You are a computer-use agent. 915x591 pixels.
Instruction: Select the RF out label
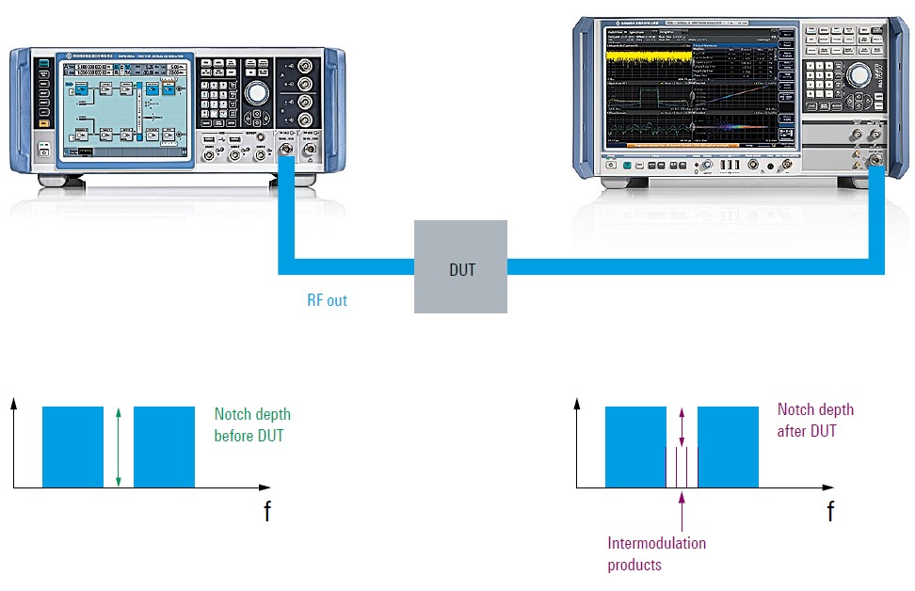pos(329,301)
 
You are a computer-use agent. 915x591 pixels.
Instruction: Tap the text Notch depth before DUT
pos(252,425)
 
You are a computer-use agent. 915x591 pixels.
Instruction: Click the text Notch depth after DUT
pos(815,420)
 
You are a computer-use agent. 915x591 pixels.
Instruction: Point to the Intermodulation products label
pos(656,554)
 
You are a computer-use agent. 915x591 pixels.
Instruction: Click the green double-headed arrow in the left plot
pos(118,447)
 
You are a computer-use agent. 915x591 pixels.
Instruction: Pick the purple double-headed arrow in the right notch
pos(681,425)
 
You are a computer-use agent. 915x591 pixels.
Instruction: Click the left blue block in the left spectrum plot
pos(72,447)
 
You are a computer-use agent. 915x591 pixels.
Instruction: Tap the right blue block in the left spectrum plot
pos(164,447)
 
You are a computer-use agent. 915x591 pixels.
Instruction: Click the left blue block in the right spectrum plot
pos(635,447)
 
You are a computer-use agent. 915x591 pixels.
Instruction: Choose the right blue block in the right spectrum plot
pos(727,447)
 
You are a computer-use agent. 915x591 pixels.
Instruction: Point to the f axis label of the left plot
pos(267,513)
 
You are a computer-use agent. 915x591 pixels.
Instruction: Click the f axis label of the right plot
pos(829,513)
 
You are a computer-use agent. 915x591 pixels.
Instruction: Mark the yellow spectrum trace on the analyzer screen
pos(650,64)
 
